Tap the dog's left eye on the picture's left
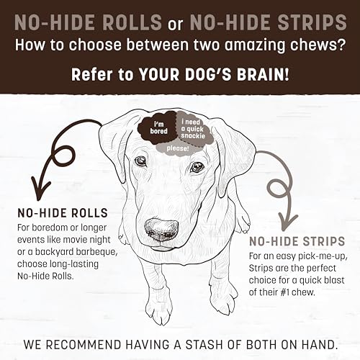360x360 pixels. point(140,161)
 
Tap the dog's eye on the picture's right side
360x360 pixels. point(195,167)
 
